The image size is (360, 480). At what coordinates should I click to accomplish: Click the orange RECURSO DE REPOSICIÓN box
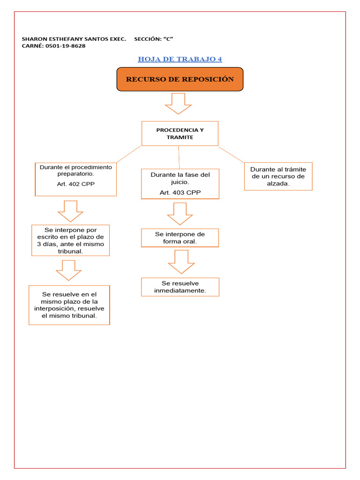180,79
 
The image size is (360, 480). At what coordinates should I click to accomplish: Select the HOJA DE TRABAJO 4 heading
180,59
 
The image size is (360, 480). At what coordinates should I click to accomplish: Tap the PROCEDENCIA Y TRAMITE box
180,134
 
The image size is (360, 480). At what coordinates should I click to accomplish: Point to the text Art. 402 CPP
75,184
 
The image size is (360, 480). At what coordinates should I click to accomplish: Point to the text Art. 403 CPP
180,193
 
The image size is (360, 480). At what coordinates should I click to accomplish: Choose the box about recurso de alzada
278,176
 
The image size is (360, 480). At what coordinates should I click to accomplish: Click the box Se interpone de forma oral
180,238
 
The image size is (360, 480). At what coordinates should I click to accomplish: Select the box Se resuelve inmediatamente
180,287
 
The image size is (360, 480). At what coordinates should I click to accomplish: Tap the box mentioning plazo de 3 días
70,240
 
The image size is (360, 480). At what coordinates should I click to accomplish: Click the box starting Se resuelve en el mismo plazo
69,305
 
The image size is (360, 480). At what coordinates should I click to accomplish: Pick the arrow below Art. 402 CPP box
70,211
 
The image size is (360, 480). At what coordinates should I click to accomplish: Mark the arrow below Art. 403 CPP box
180,214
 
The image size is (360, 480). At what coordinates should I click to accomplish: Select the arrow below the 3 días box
68,270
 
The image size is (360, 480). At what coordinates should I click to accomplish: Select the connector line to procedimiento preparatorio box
128,154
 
